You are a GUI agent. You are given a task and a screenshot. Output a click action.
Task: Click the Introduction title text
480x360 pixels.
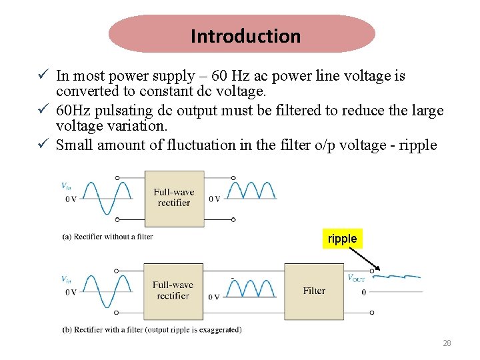point(245,36)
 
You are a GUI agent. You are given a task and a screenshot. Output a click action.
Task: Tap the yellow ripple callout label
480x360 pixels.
point(342,239)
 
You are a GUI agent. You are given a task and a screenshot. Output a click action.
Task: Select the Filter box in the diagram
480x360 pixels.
point(314,291)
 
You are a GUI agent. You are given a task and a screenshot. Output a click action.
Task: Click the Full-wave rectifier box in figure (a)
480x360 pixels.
point(174,197)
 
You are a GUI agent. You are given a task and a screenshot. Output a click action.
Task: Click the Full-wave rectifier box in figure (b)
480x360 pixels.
point(173,290)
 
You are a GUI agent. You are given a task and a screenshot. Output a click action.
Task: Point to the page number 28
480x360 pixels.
point(447,343)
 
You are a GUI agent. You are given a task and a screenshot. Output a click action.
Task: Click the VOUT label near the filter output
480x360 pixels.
point(356,278)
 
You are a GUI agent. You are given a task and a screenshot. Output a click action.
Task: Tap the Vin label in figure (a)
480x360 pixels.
point(67,186)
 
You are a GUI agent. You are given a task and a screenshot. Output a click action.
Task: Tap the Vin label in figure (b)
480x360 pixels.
point(67,279)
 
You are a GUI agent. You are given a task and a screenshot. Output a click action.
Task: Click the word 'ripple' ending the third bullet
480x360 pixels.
point(417,145)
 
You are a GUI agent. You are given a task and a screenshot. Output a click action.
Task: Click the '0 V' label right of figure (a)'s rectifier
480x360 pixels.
point(215,199)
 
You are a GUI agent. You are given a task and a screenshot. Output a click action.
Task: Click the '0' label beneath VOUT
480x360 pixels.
point(363,292)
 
